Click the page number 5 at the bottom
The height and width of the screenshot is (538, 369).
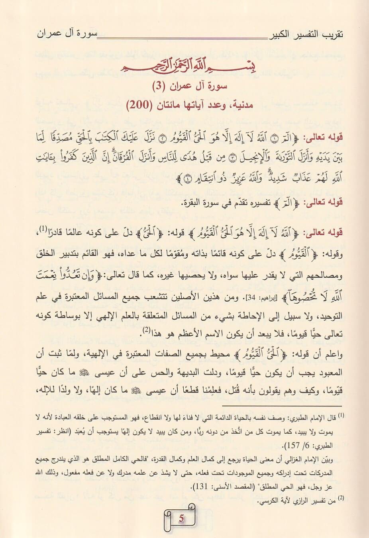(x=181, y=518)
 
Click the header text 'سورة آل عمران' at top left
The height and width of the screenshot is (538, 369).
(x=66, y=33)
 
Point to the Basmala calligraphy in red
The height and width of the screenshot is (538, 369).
(x=183, y=65)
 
